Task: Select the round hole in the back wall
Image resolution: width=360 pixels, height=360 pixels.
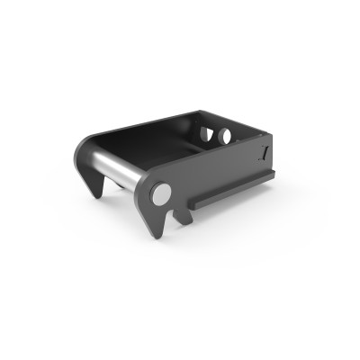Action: (223, 136)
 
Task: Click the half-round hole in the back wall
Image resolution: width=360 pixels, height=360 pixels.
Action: (206, 134)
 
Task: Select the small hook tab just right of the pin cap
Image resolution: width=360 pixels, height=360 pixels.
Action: (179, 217)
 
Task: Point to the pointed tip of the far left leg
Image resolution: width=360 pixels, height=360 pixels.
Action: (97, 196)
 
